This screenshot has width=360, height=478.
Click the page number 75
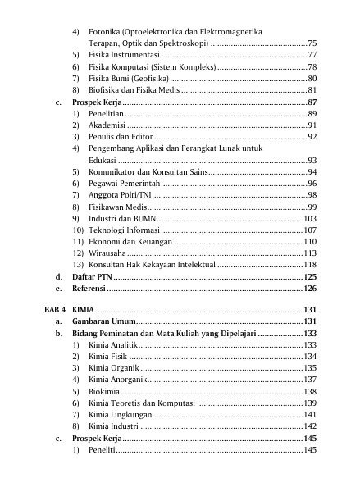[312, 41]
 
